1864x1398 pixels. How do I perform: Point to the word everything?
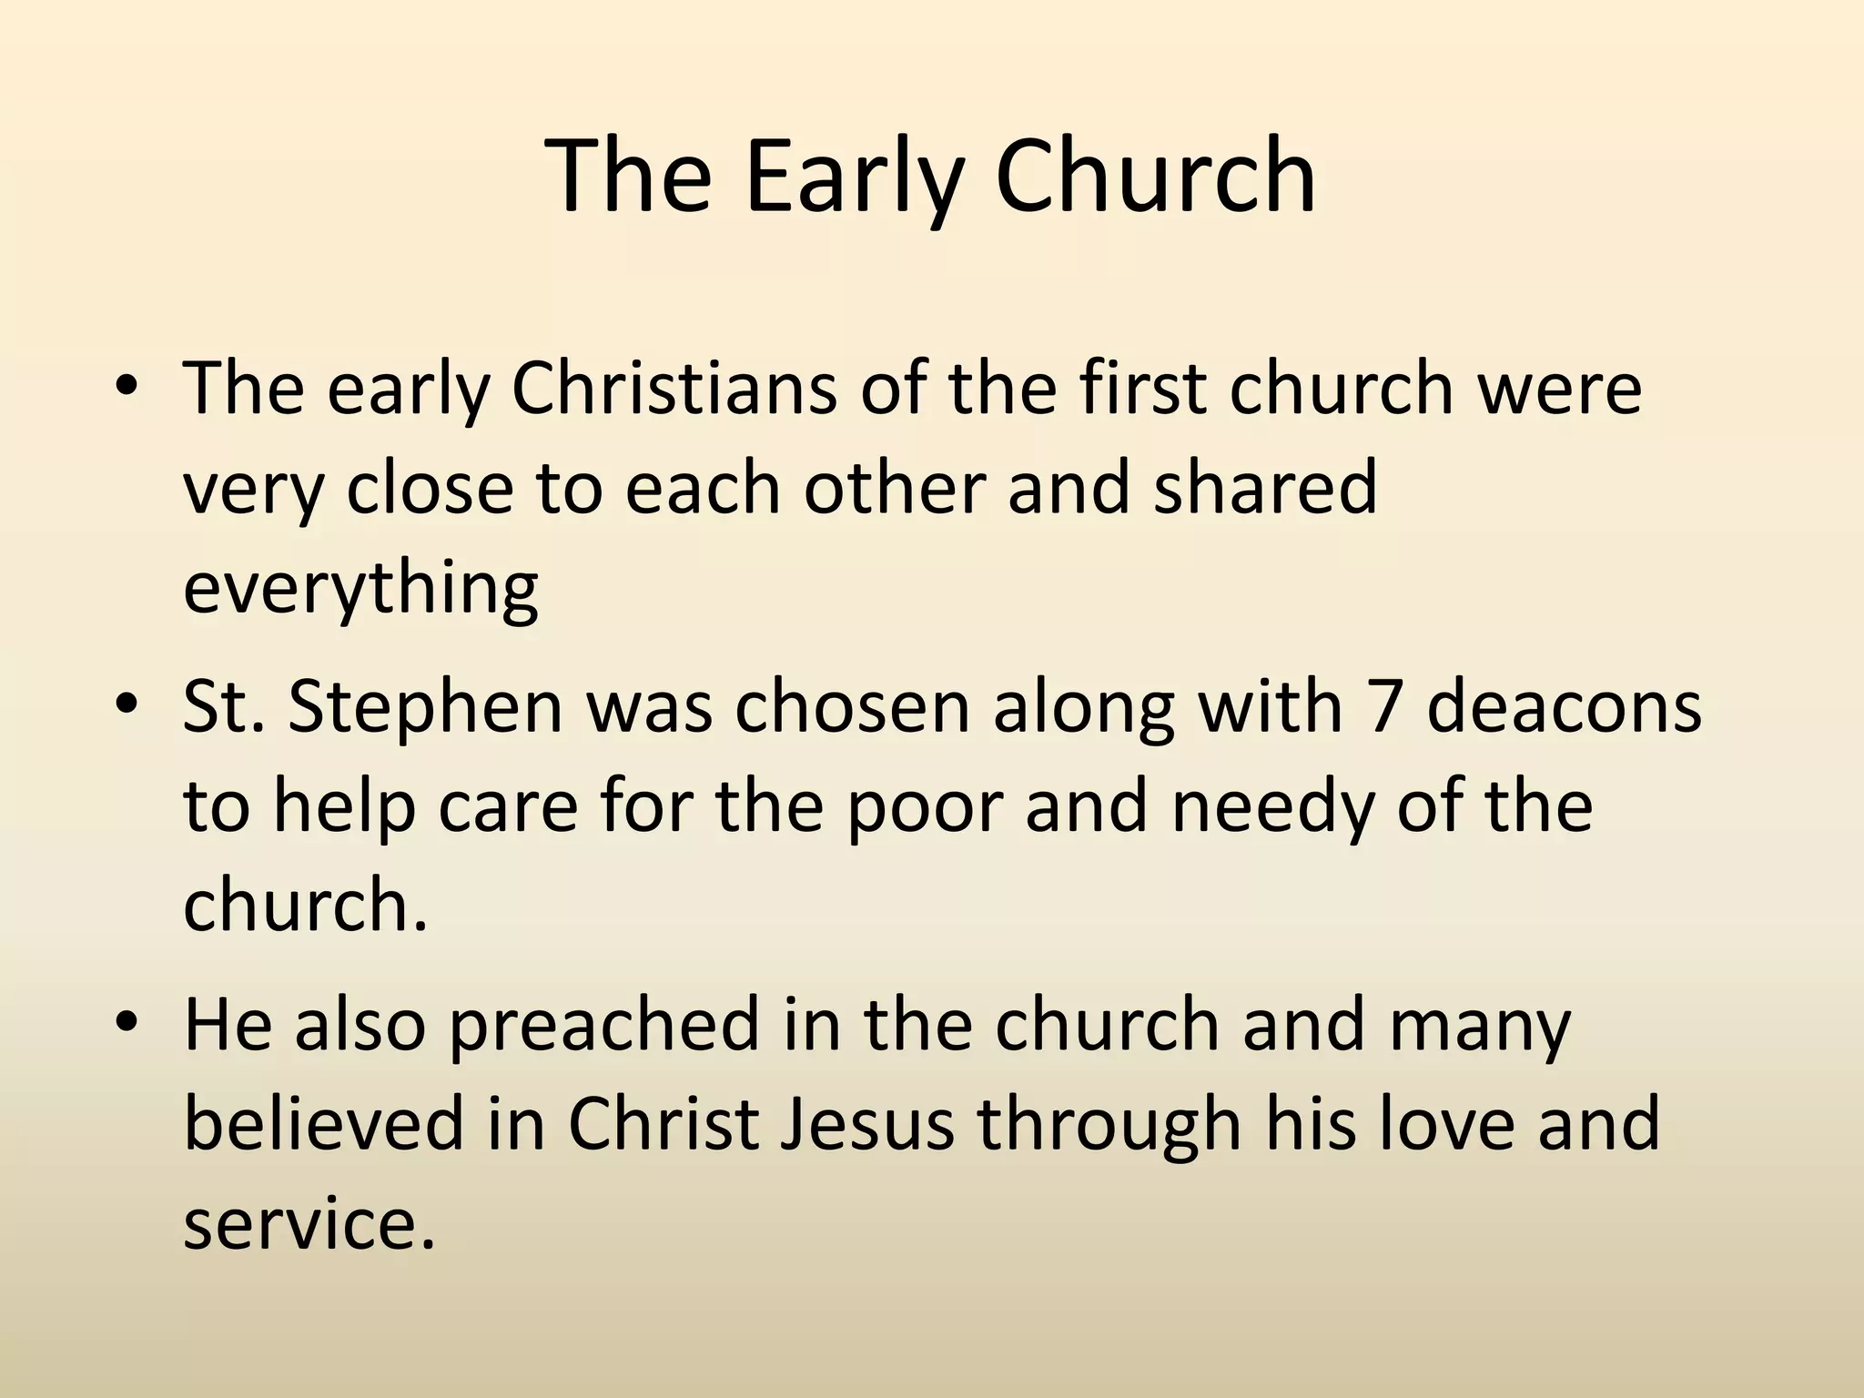click(360, 587)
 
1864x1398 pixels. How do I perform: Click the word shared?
click(1265, 488)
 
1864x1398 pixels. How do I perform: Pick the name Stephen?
click(426, 707)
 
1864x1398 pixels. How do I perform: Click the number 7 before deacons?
click(1384, 707)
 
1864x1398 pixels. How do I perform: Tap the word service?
click(308, 1224)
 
